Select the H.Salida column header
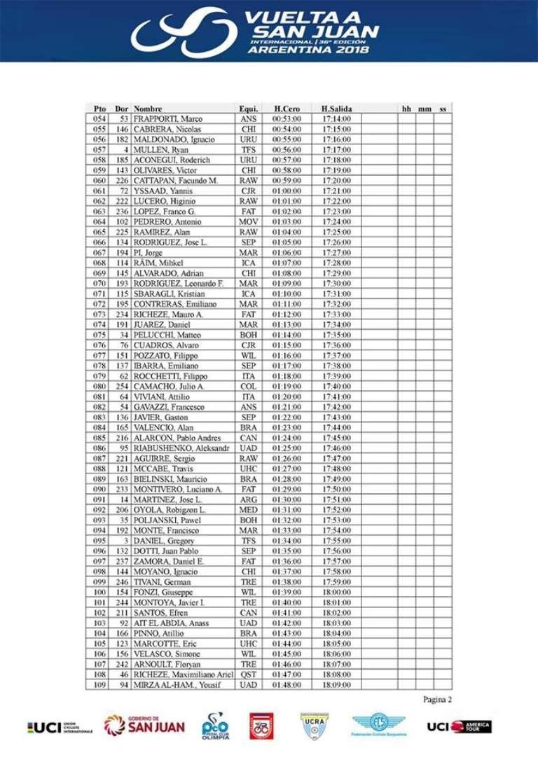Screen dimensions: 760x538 point(336,109)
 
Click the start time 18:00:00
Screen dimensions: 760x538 point(336,592)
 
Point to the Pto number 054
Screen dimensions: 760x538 point(99,119)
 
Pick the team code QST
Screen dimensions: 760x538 point(248,674)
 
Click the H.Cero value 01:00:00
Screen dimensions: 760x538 point(287,191)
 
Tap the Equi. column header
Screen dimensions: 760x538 point(249,109)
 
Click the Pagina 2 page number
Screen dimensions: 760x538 point(438,699)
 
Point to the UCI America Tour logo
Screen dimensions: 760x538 point(459,726)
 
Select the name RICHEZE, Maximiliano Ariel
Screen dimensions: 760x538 point(183,674)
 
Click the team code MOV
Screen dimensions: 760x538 point(248,221)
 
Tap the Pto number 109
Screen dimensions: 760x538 point(99,684)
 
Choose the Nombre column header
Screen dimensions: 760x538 point(148,109)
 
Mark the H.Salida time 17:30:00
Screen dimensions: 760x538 point(336,283)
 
